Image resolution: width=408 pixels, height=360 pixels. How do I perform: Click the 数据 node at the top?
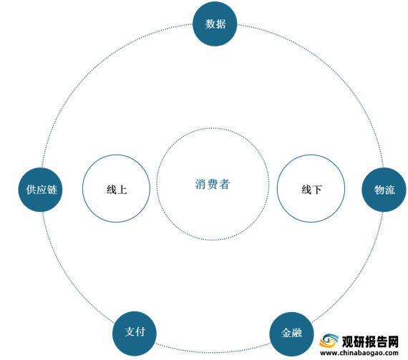pos(215,24)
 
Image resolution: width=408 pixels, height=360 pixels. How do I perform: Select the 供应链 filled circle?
pos(40,190)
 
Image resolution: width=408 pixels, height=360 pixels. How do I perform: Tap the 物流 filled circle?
pos(384,190)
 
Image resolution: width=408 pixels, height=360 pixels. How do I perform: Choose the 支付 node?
pos(135,334)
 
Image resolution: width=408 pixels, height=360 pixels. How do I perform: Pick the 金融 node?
pos(292,334)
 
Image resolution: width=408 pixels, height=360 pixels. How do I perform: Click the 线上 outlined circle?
pos(116,188)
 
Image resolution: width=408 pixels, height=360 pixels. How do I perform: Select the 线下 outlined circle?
pos(311,188)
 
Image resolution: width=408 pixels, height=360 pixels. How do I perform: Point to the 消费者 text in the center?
pos(213,184)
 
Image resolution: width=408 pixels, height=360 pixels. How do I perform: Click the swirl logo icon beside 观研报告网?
pos(329,341)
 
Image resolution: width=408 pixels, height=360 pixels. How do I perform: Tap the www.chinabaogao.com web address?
pos(359,353)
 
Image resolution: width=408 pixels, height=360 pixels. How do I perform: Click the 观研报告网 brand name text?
pos(370,341)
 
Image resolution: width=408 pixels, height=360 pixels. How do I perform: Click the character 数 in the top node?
pos(210,24)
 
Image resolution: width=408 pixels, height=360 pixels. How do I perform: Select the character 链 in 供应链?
pos(52,190)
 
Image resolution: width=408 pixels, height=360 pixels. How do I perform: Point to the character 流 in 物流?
pos(390,190)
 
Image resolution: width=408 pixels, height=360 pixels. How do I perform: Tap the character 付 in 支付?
pos(140,331)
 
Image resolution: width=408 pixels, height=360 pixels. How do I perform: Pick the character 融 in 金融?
pos(297,333)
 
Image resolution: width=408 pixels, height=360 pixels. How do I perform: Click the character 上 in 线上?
pos(122,190)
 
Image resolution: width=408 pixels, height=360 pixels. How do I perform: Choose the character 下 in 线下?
pos(317,190)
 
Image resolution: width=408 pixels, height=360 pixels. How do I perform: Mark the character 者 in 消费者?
pos(224,184)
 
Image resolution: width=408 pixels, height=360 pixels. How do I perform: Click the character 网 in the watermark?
pos(393,341)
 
